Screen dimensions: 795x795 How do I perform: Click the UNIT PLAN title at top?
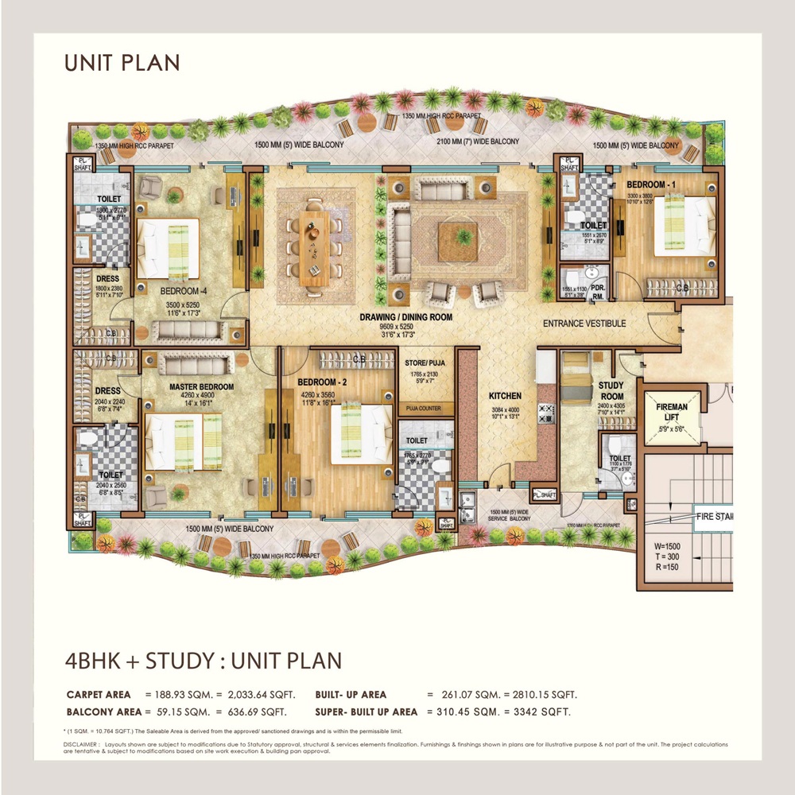click(122, 62)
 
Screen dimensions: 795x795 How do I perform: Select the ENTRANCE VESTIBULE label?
click(584, 324)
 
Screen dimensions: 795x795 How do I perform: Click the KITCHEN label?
click(505, 395)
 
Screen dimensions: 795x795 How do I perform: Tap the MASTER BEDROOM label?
click(201, 387)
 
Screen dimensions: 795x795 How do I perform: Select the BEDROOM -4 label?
click(184, 292)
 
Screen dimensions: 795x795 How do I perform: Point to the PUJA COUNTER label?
click(423, 409)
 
